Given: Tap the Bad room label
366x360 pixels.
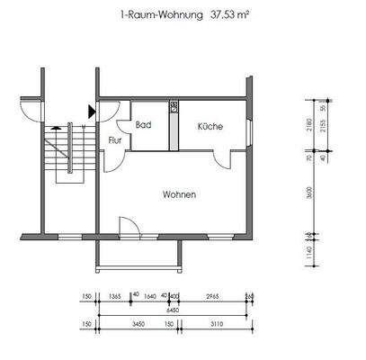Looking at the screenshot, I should click(143, 126).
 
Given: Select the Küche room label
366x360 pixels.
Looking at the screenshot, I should click(210, 127).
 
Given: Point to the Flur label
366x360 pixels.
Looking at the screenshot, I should click(115, 141).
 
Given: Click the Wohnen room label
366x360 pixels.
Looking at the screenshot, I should click(179, 194).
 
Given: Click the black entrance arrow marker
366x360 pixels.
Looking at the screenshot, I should click(92, 111).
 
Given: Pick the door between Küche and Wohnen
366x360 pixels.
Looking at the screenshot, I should click(222, 159).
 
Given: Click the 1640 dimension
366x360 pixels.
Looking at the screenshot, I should click(150, 294).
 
